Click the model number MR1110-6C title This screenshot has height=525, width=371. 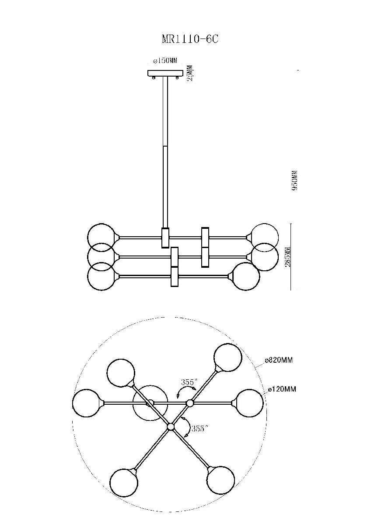(x=190, y=39)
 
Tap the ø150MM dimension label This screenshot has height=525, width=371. (x=165, y=61)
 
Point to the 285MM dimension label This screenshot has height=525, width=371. (x=288, y=257)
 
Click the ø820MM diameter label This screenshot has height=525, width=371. (x=279, y=360)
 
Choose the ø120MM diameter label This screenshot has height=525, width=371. (x=282, y=389)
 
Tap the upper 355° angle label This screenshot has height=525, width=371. (x=188, y=382)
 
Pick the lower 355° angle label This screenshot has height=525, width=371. (x=199, y=429)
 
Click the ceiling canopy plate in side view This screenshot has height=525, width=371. (x=165, y=73)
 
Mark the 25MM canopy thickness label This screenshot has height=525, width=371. (x=191, y=73)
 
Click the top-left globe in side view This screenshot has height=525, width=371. (x=101, y=237)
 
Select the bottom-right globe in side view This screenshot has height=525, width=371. (x=245, y=276)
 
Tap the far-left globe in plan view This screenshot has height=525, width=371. (x=87, y=403)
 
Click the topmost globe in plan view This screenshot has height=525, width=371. (x=228, y=357)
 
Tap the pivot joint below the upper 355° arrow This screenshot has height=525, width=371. (x=189, y=403)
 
